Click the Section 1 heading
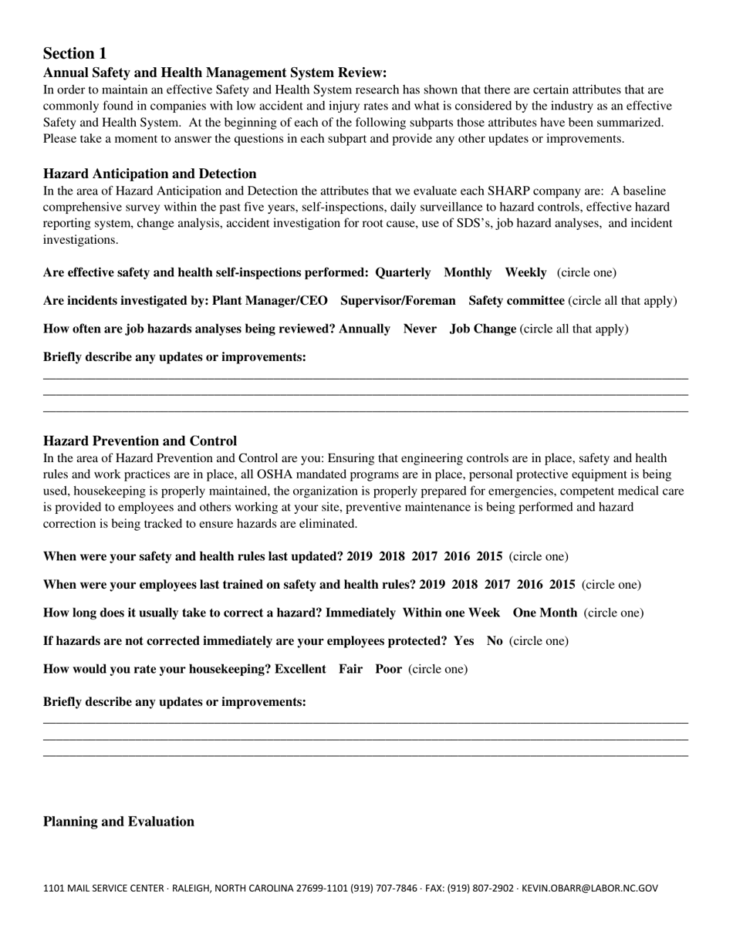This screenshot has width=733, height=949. [75, 53]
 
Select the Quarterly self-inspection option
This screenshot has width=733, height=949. [403, 272]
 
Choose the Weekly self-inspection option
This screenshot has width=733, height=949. [525, 272]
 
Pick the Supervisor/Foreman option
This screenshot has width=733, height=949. [398, 301]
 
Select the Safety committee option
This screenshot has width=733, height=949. [516, 301]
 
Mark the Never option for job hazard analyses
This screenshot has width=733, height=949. [420, 329]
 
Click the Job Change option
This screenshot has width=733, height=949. [483, 329]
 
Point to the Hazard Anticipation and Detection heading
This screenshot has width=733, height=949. [150, 174]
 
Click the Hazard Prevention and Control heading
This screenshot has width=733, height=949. [140, 441]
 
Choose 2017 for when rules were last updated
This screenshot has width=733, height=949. [424, 556]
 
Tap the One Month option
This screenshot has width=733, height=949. [545, 613]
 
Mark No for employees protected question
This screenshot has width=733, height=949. [495, 641]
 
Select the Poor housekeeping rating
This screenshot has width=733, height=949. [388, 669]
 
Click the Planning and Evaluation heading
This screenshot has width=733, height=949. [119, 822]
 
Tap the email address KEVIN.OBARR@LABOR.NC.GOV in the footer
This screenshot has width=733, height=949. [589, 889]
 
